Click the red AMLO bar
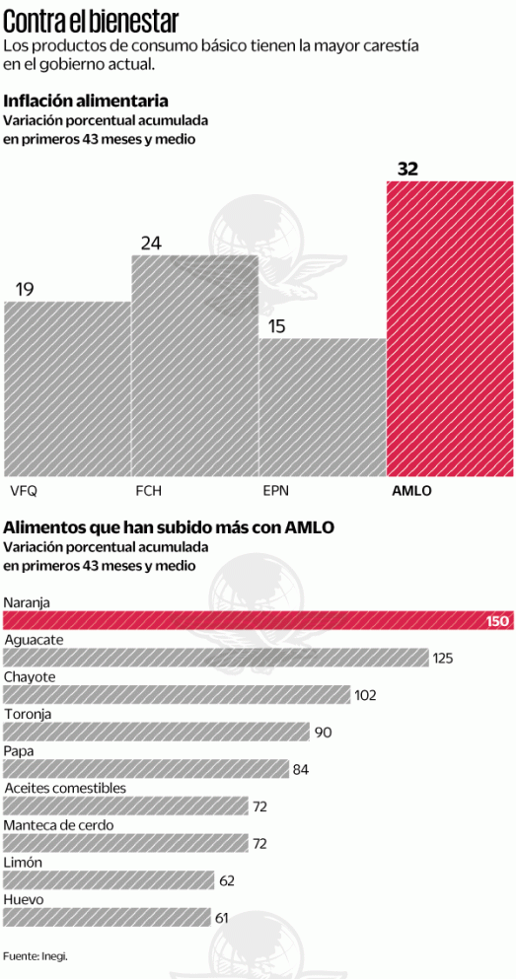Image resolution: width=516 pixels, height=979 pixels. (449, 329)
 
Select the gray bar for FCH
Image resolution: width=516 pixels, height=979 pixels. (194, 366)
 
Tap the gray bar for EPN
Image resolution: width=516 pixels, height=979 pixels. (323, 407)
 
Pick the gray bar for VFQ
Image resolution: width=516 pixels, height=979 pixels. (67, 388)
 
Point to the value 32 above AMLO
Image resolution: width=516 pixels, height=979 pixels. (407, 169)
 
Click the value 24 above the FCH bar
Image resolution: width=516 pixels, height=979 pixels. (151, 243)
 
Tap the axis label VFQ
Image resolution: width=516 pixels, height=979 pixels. (23, 490)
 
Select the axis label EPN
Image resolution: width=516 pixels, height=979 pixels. (276, 490)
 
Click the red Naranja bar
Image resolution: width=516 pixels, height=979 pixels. (257, 620)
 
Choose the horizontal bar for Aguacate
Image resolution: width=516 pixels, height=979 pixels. (215, 658)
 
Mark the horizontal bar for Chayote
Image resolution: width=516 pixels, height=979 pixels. (177, 694)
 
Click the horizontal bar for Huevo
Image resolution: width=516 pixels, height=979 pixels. (107, 917)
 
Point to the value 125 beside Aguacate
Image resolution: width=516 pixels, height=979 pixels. (442, 658)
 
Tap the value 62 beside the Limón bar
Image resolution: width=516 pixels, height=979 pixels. (227, 880)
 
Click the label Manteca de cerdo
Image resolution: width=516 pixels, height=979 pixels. (58, 825)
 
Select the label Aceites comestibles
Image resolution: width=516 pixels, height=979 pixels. (65, 788)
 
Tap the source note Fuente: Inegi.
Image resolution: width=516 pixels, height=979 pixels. (35, 955)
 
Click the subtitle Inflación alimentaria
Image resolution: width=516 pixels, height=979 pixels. (85, 101)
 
